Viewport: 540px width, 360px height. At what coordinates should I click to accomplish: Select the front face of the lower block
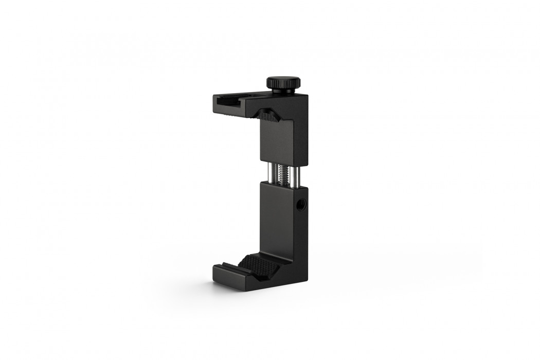276,216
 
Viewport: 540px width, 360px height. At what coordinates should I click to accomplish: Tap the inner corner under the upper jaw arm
260,119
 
